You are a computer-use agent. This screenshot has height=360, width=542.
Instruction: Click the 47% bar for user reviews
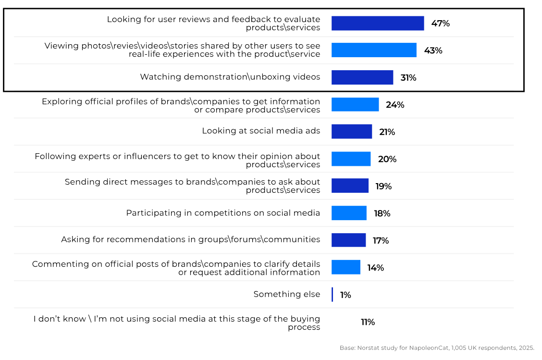378,23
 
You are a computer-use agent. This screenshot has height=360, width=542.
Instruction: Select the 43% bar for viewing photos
374,50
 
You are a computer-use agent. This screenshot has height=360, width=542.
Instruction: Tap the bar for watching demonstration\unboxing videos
362,77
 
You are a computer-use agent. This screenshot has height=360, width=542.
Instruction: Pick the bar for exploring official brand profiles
355,104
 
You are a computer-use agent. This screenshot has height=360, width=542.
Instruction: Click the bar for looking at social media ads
352,132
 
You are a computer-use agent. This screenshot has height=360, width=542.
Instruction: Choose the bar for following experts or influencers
351,159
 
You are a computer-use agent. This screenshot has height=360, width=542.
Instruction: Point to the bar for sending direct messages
350,186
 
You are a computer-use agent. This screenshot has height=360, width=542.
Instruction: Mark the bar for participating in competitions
349,213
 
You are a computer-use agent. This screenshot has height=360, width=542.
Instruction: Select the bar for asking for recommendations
348,240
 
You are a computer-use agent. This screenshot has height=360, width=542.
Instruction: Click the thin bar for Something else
332,295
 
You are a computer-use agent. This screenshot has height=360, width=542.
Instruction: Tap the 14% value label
376,268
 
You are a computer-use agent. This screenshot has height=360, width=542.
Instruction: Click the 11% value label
368,322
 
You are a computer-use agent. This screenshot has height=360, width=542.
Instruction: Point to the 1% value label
345,295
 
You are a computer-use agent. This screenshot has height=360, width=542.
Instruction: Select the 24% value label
395,105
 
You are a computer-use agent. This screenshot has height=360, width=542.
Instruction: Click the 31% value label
408,78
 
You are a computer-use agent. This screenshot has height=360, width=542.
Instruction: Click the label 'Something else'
287,294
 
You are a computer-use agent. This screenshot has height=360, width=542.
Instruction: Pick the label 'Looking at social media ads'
261,131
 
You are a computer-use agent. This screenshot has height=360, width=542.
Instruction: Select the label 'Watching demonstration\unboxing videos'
230,77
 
